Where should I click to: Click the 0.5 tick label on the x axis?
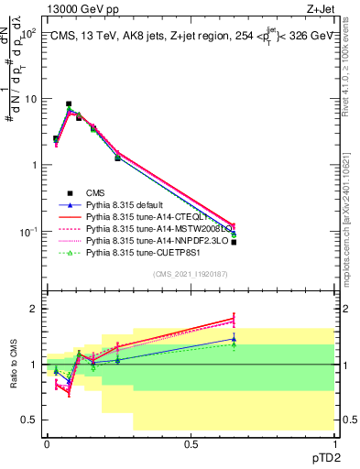coord(191,443)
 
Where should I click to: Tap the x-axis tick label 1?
coord(335,443)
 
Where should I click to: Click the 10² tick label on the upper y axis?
coord(27,33)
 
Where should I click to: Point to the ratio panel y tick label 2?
coord(35,309)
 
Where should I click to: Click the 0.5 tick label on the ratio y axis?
coord(30,420)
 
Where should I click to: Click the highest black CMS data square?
coord(69,104)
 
